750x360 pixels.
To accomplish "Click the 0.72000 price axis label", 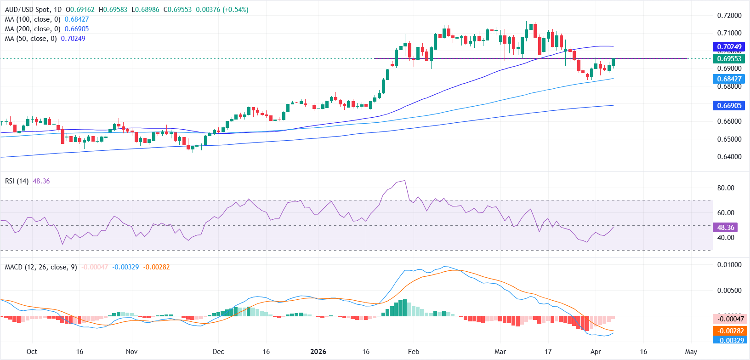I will pos(729,16).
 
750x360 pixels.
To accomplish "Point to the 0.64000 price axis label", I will pos(729,157).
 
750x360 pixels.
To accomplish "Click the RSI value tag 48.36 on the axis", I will pos(726,228).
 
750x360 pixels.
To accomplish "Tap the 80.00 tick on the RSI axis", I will pos(726,188).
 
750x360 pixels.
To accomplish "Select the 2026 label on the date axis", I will pos(318,352).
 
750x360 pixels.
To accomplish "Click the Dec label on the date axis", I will pos(218,352).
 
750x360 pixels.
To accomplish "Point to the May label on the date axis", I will pos(691,352).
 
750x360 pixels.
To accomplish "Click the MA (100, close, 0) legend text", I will pos(33,19).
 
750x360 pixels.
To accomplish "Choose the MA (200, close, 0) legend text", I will pos(33,29).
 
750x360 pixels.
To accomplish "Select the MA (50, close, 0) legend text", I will pos(31,39).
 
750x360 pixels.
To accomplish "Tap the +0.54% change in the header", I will pos(235,10).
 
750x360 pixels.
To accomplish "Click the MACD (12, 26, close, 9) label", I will pos(41,267).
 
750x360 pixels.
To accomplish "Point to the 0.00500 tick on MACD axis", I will pos(729,291).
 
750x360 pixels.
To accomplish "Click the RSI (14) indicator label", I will pos(17,181).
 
